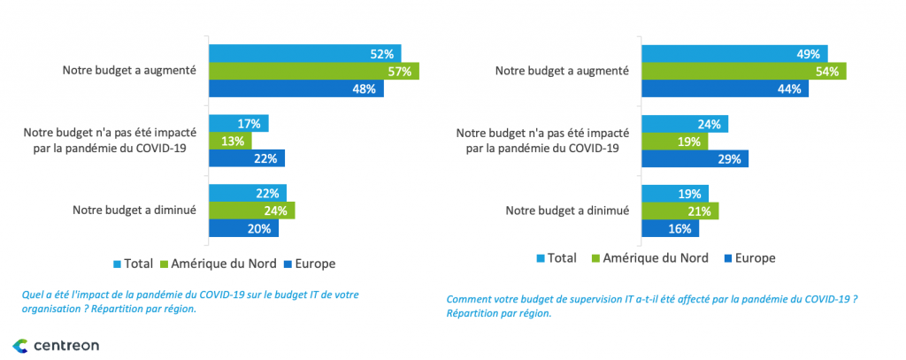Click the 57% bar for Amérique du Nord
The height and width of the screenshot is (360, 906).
(313, 71)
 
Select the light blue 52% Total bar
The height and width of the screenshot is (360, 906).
(304, 53)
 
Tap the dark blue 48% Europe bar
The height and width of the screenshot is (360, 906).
(296, 88)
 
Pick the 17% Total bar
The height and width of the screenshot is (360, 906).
(238, 123)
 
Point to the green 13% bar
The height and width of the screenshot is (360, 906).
(230, 141)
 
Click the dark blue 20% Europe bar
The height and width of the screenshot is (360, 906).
(243, 227)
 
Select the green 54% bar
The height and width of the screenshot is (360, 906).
(743, 71)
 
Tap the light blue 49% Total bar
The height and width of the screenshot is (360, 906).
(734, 53)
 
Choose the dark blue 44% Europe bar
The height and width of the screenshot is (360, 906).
(725, 88)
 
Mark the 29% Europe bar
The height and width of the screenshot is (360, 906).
(695, 158)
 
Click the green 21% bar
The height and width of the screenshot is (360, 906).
(679, 211)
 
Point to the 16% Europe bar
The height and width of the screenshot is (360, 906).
(670, 228)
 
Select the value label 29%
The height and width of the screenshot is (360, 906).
(728, 158)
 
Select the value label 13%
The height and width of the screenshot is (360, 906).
(232, 141)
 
